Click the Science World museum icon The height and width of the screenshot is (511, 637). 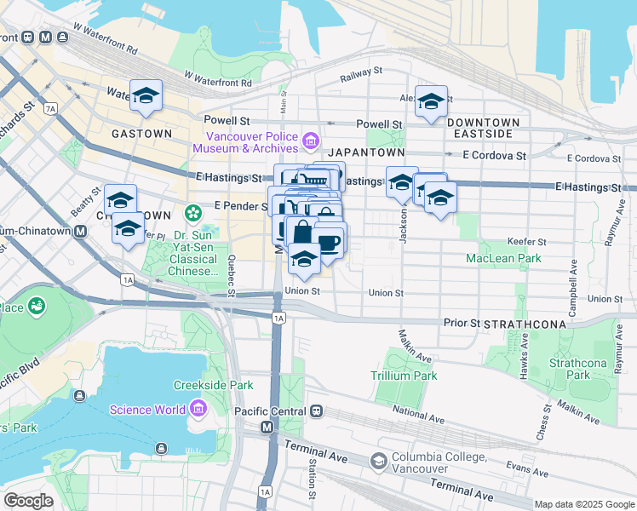(198, 410)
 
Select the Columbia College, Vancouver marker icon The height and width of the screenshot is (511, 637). (378, 461)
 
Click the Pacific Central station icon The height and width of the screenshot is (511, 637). (316, 411)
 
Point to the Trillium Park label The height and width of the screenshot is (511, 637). (404, 376)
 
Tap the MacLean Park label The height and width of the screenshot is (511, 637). (503, 258)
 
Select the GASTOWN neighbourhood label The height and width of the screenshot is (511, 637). (141, 134)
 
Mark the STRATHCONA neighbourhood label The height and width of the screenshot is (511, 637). (519, 324)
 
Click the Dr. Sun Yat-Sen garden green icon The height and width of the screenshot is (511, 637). (193, 211)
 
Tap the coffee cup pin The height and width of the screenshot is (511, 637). (329, 242)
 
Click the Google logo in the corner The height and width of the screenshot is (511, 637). (28, 501)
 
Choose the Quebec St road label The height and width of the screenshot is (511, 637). (232, 277)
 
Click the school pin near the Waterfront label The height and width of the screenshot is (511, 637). (146, 95)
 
